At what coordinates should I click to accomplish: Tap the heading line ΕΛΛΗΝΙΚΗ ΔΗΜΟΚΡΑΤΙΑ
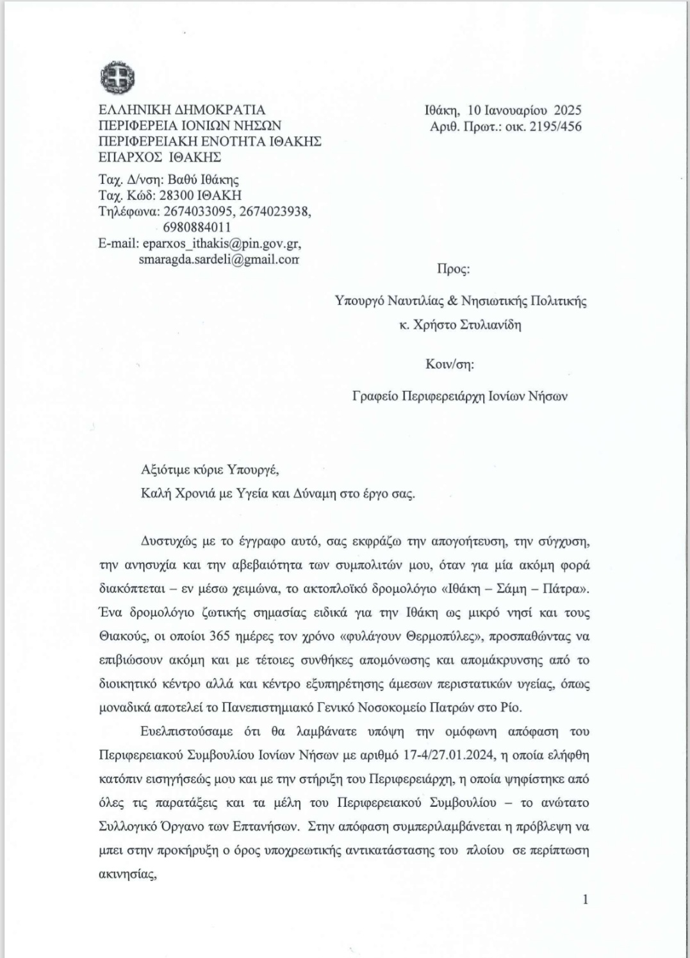tap(181, 110)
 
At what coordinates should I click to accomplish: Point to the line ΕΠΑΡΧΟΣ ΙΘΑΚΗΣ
tap(160, 157)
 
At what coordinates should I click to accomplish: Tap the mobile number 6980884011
tap(193, 227)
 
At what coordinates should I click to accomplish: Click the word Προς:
tap(454, 268)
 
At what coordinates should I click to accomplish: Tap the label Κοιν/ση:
tap(450, 364)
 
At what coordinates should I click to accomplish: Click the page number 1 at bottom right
tap(585, 899)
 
